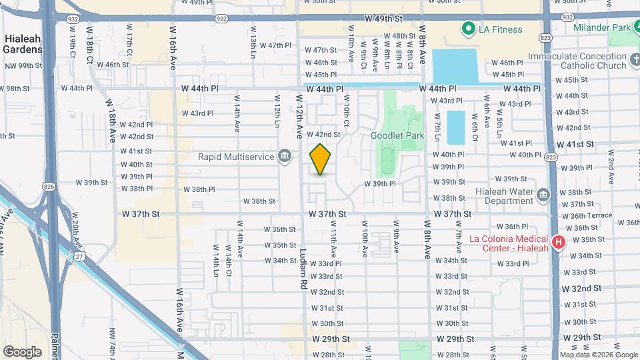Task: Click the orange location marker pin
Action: point(320,159)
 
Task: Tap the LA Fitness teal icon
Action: point(468,29)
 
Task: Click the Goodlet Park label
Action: point(397,135)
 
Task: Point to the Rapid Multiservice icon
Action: point(285,157)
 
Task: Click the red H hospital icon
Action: point(559,241)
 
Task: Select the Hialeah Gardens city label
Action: point(23,44)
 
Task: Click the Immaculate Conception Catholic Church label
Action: point(579,61)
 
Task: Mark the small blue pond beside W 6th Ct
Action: point(455,127)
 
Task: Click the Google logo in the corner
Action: point(22,352)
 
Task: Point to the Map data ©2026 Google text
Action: point(598,355)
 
